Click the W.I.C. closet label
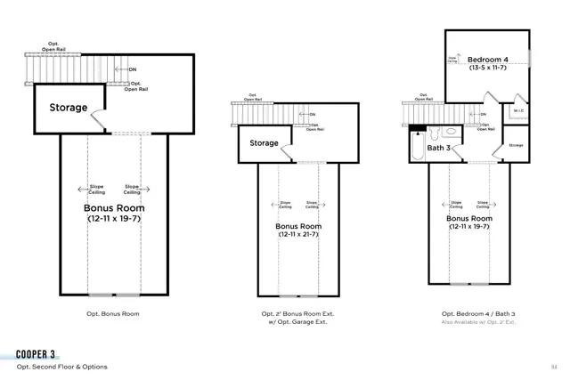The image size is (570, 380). coord(519,110)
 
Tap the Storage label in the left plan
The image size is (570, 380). coord(69,108)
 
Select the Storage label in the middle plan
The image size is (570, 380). coord(264,142)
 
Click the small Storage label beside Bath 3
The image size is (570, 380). coord(515,144)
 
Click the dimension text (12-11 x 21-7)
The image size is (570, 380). coord(298,235)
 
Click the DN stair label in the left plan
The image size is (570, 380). coord(132,69)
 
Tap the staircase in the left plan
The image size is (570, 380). coord(71,67)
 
